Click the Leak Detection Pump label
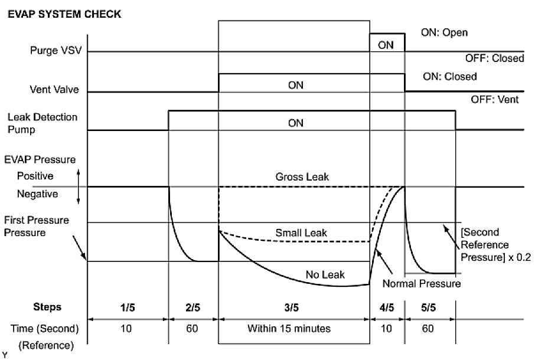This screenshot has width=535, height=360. [x=43, y=123]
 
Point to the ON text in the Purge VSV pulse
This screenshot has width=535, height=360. [x=386, y=44]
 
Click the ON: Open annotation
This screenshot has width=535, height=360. [x=444, y=33]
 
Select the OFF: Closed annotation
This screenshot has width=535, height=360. [x=494, y=58]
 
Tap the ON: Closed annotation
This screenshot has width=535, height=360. [x=450, y=77]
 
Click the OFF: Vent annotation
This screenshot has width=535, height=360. [x=494, y=100]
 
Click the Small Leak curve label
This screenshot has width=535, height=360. [x=301, y=233]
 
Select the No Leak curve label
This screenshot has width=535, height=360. [x=325, y=274]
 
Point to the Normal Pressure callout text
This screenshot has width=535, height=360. [x=422, y=284]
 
